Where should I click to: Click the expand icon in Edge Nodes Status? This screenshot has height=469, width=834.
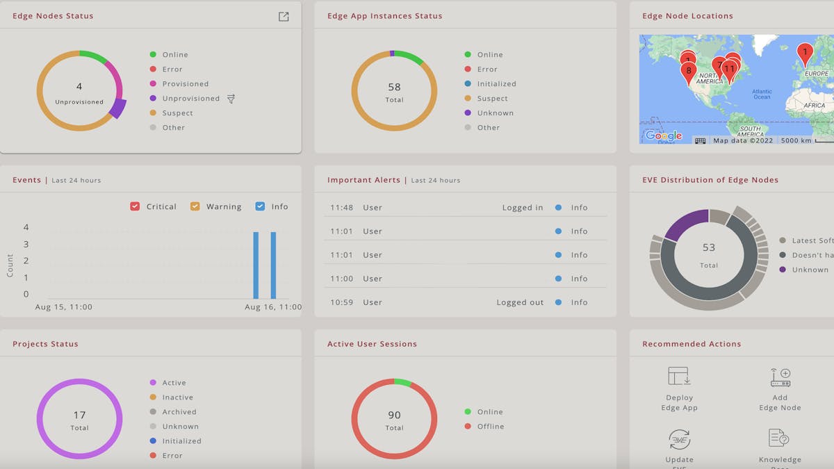pos(284,17)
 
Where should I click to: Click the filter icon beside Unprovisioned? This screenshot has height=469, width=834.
pos(231,99)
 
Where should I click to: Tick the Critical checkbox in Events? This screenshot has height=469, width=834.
pos(135,206)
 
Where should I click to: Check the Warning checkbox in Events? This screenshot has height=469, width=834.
pos(195,206)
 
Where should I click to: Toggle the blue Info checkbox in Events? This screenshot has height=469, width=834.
pos(260,206)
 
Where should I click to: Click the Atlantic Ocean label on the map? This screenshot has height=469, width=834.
pos(762,94)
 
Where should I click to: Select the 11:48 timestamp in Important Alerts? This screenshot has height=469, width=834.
pos(341,208)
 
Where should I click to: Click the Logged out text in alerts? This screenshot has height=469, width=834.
pos(520,302)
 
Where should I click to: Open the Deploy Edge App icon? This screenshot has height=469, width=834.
pos(679,377)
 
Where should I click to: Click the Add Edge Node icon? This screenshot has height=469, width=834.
pos(780,377)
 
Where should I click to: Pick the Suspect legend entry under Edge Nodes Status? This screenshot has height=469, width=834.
pos(177,113)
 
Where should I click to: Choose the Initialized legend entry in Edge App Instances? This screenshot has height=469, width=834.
pos(496,84)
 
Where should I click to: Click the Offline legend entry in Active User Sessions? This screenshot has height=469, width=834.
pos(490,427)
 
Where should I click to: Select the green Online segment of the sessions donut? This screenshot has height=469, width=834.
pos(402,382)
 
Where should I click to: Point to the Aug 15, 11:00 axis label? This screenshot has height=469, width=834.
pos(63,307)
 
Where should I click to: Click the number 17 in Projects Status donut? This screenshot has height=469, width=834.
pos(79,415)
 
